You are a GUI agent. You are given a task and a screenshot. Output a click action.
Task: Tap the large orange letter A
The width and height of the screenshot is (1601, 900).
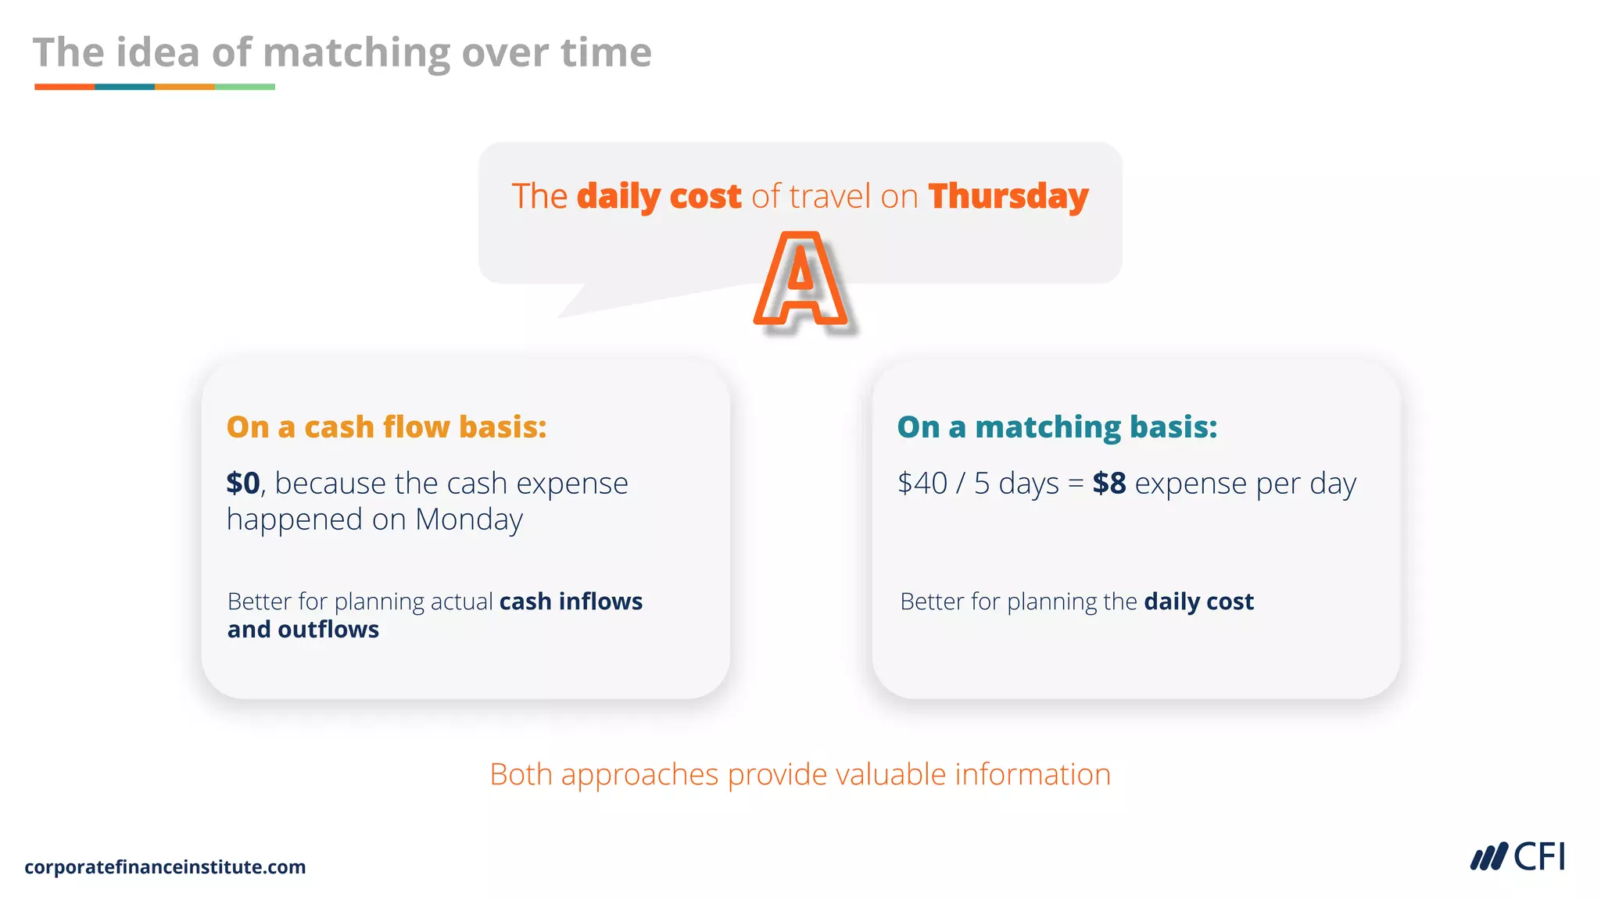[800, 280]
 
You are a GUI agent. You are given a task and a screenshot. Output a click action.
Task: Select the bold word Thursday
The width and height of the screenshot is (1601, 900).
[1008, 196]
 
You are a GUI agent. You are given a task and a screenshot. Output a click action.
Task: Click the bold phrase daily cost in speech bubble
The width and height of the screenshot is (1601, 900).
[659, 196]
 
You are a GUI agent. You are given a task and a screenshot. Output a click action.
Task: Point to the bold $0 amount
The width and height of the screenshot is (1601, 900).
[243, 484]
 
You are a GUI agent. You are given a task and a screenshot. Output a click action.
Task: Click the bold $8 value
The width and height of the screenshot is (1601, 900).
[1109, 484]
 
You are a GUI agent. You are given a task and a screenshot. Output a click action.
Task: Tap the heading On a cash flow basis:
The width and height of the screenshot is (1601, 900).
[386, 427]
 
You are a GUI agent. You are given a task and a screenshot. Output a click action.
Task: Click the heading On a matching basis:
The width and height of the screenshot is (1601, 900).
[1057, 427]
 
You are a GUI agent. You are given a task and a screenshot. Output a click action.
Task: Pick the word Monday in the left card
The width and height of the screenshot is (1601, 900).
[468, 520]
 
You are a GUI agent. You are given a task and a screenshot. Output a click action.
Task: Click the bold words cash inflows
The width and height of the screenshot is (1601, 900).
[571, 602]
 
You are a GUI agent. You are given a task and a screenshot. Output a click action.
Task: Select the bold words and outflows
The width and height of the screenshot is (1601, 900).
[303, 630]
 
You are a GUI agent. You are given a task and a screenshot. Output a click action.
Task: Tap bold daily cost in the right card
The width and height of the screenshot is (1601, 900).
[1198, 602]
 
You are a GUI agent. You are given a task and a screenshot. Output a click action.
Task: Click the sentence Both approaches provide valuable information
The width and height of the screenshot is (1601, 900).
[800, 774]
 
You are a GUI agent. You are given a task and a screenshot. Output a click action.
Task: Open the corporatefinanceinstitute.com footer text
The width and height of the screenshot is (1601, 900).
[165, 867]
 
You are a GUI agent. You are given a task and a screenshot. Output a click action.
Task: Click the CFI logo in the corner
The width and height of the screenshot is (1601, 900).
[1517, 857]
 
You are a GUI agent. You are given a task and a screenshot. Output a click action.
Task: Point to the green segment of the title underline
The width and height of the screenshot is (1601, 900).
[245, 87]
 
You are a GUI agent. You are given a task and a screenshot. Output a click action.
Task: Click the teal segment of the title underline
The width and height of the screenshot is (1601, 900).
[124, 87]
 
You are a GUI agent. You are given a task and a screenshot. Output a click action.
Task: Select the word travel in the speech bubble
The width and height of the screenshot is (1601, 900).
[830, 196]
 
